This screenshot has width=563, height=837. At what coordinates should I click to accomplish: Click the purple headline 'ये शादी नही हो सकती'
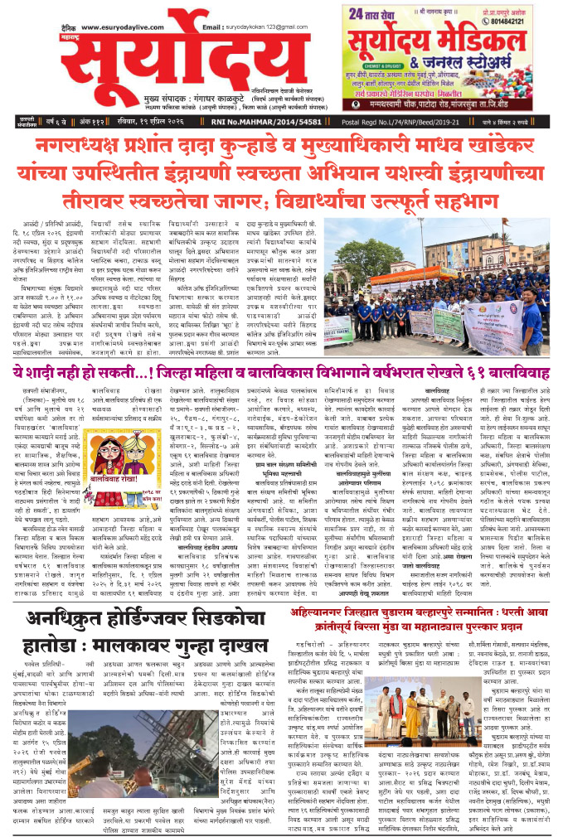pos(93,375)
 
